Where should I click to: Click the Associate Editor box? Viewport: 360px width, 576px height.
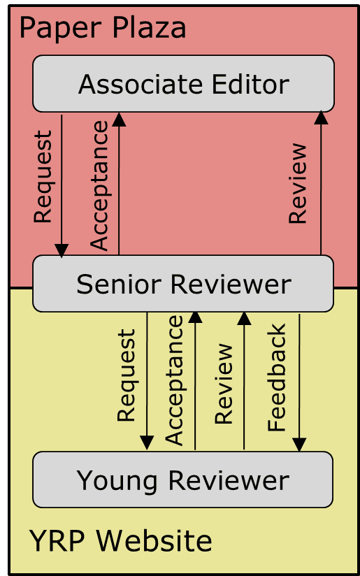click(x=183, y=83)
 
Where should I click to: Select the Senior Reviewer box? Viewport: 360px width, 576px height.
click(x=183, y=284)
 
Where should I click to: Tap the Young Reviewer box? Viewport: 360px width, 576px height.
click(x=183, y=480)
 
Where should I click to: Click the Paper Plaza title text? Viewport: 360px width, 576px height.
click(x=103, y=29)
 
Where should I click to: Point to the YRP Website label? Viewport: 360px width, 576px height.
click(x=120, y=540)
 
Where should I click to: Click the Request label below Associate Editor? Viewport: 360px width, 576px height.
click(x=43, y=177)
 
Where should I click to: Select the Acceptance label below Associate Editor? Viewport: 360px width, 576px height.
click(x=99, y=185)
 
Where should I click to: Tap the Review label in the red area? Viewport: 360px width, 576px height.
click(x=298, y=183)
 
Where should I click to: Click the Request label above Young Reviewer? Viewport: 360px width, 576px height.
click(x=127, y=375)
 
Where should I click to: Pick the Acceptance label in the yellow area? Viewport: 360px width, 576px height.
click(x=174, y=380)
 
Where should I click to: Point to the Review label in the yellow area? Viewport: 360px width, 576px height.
click(x=224, y=384)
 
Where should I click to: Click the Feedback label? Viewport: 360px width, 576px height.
click(x=276, y=377)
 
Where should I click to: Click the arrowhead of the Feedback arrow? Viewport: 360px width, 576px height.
click(x=299, y=445)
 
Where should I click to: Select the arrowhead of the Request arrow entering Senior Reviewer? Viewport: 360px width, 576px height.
click(x=62, y=250)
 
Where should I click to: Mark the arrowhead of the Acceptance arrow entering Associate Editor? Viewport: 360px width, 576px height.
click(x=119, y=120)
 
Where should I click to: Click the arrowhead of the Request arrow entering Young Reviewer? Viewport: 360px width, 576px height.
click(x=147, y=442)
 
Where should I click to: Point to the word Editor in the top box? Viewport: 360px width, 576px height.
click(x=250, y=84)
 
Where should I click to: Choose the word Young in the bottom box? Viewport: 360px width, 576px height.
click(x=117, y=481)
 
